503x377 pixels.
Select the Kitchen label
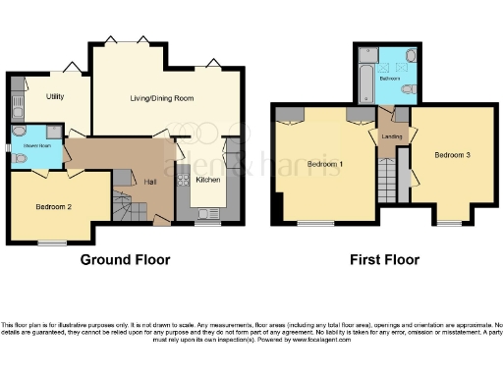click(208, 180)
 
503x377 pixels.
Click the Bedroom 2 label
click(54, 207)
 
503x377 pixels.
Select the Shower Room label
click(25, 147)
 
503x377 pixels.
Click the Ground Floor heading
click(125, 260)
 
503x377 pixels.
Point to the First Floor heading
click(384, 260)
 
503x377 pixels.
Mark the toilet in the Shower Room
click(19, 133)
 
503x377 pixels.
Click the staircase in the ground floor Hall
click(123, 204)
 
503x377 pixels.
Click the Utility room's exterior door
click(71, 66)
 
